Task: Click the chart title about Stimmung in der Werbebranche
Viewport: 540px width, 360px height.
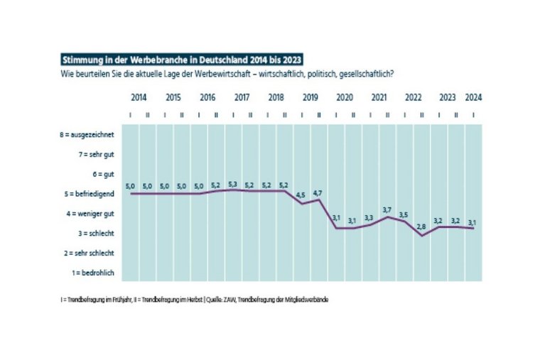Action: pyautogui.click(x=181, y=61)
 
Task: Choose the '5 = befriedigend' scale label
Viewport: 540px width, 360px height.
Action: pyautogui.click(x=88, y=193)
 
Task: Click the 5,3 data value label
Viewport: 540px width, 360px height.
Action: pyautogui.click(x=233, y=184)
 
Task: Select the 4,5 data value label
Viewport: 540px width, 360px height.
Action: pyautogui.click(x=302, y=196)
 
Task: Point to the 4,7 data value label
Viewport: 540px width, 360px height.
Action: pyautogui.click(x=319, y=192)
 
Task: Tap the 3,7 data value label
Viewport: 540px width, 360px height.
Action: pyautogui.click(x=388, y=210)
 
